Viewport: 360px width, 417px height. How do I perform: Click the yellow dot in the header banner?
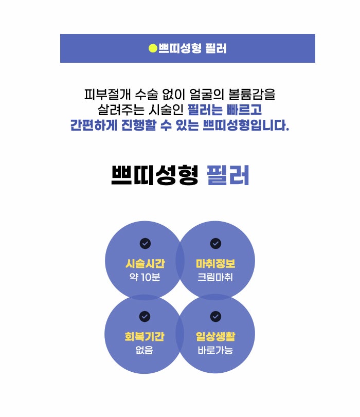152,49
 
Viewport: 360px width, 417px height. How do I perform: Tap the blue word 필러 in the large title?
228,175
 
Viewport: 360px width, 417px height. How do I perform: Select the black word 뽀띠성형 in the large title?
154,175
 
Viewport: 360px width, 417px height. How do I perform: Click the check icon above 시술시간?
145,243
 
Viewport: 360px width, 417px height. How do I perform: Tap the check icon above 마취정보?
215,243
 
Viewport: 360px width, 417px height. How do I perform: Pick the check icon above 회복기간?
145,316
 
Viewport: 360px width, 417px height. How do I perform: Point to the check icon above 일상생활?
215,316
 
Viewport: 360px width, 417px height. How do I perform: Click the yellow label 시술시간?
145,264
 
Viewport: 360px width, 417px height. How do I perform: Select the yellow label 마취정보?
215,264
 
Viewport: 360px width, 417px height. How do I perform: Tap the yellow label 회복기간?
145,337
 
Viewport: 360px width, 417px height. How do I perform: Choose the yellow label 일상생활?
215,337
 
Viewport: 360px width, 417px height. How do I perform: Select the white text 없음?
145,351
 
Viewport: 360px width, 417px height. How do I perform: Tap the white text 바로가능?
215,351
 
